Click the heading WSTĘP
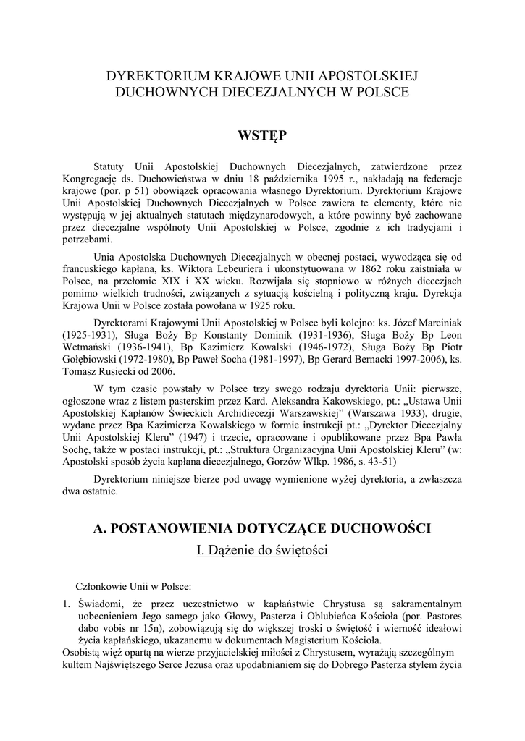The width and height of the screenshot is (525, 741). (262, 135)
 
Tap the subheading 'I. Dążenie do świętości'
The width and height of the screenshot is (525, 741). (262, 551)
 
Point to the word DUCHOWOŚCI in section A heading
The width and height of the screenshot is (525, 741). (388, 528)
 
